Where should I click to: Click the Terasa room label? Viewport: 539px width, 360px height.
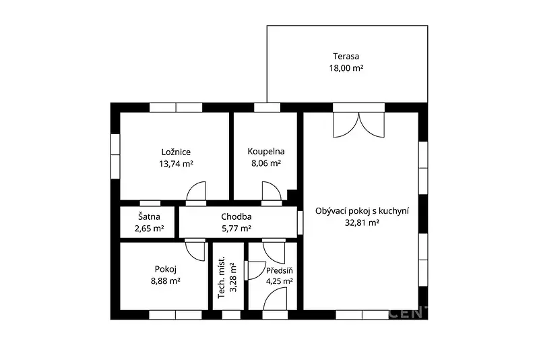(346, 56)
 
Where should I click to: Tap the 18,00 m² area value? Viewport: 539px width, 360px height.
(346, 68)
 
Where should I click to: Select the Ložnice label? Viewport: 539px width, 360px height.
(176, 152)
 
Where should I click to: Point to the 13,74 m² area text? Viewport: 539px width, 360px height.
(176, 164)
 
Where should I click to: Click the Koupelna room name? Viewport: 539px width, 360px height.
(266, 151)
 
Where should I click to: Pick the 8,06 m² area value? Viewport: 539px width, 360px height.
(266, 163)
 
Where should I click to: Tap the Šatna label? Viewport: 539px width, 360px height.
(149, 216)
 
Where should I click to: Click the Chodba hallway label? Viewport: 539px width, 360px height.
(236, 216)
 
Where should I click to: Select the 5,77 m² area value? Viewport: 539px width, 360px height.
(236, 229)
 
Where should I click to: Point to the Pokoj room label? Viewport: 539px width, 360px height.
(166, 269)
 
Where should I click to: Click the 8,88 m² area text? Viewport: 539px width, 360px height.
(166, 281)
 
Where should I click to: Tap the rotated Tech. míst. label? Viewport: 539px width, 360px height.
(222, 277)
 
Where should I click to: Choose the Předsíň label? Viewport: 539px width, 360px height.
(280, 270)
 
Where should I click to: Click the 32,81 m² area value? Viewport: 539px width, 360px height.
(362, 222)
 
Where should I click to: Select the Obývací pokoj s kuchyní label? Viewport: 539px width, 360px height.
(362, 211)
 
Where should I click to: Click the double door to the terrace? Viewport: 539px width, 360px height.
(359, 125)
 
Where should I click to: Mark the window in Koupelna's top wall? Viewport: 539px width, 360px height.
(267, 107)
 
